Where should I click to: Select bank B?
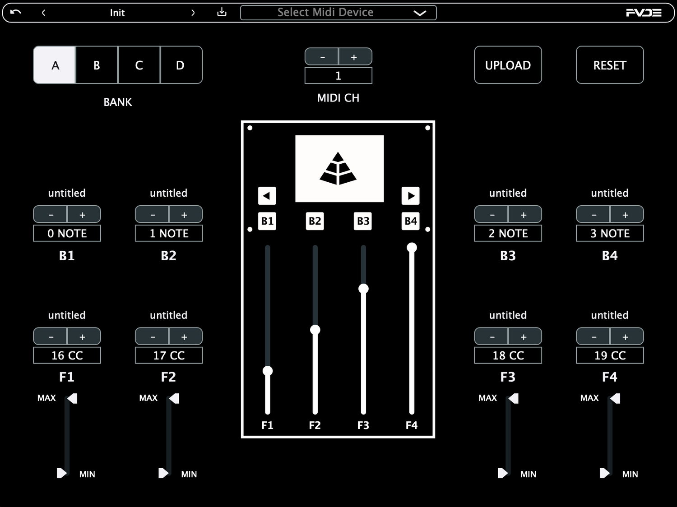[97, 65]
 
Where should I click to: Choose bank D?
[181, 65]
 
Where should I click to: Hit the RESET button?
[610, 65]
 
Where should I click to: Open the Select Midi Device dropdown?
[338, 13]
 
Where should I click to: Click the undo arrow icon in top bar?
[15, 12]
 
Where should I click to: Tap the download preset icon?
[222, 12]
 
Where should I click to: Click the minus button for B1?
[50, 214]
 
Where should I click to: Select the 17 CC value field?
[169, 355]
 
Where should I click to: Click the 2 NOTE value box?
[508, 233]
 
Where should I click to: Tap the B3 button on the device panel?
[363, 221]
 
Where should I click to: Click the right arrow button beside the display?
[411, 196]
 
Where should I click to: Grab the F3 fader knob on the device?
[363, 289]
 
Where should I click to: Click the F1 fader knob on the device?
[267, 371]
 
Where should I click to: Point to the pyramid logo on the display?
[338, 169]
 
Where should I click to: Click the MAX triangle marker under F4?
[615, 398]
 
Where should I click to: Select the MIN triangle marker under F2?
[163, 473]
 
